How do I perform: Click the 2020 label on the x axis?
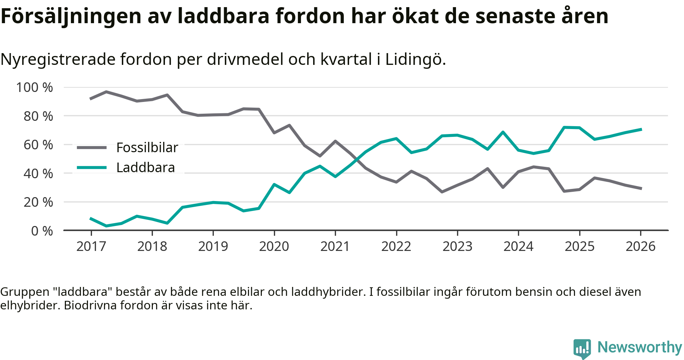[x=274, y=246]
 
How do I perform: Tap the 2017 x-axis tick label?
[x=91, y=246]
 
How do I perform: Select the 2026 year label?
[x=641, y=246]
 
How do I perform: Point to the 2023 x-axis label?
[x=457, y=246]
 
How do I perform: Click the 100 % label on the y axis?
[x=35, y=87]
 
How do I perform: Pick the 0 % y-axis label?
[x=42, y=231]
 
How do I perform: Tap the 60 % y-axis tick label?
[x=38, y=145]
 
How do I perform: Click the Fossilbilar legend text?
[x=147, y=148]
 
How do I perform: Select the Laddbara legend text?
[x=146, y=168]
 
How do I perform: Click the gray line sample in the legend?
[x=92, y=148]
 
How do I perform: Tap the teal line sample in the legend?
[x=92, y=168]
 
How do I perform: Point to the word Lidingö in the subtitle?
[x=415, y=60]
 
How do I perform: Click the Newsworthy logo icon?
[x=582, y=348]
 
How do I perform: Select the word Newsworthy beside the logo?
[x=639, y=347]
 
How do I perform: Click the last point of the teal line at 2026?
[x=641, y=129]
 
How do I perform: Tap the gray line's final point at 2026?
[x=641, y=189]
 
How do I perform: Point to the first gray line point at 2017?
[x=91, y=99]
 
